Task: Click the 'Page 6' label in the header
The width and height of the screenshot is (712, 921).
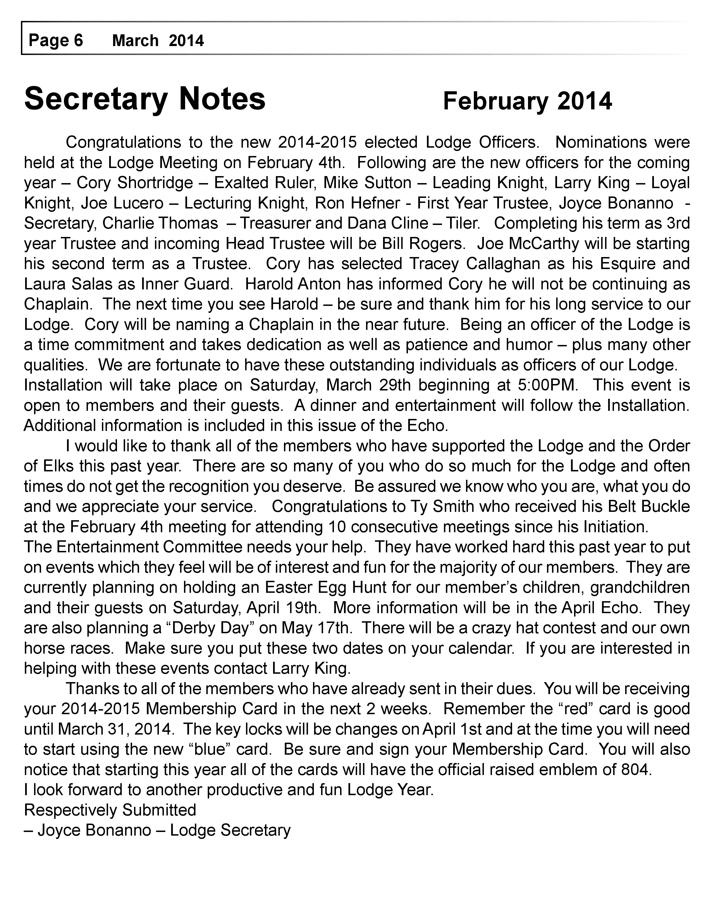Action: (56, 40)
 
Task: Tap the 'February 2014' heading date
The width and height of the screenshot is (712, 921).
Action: (527, 101)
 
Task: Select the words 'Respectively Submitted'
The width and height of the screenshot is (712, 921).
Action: (110, 810)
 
